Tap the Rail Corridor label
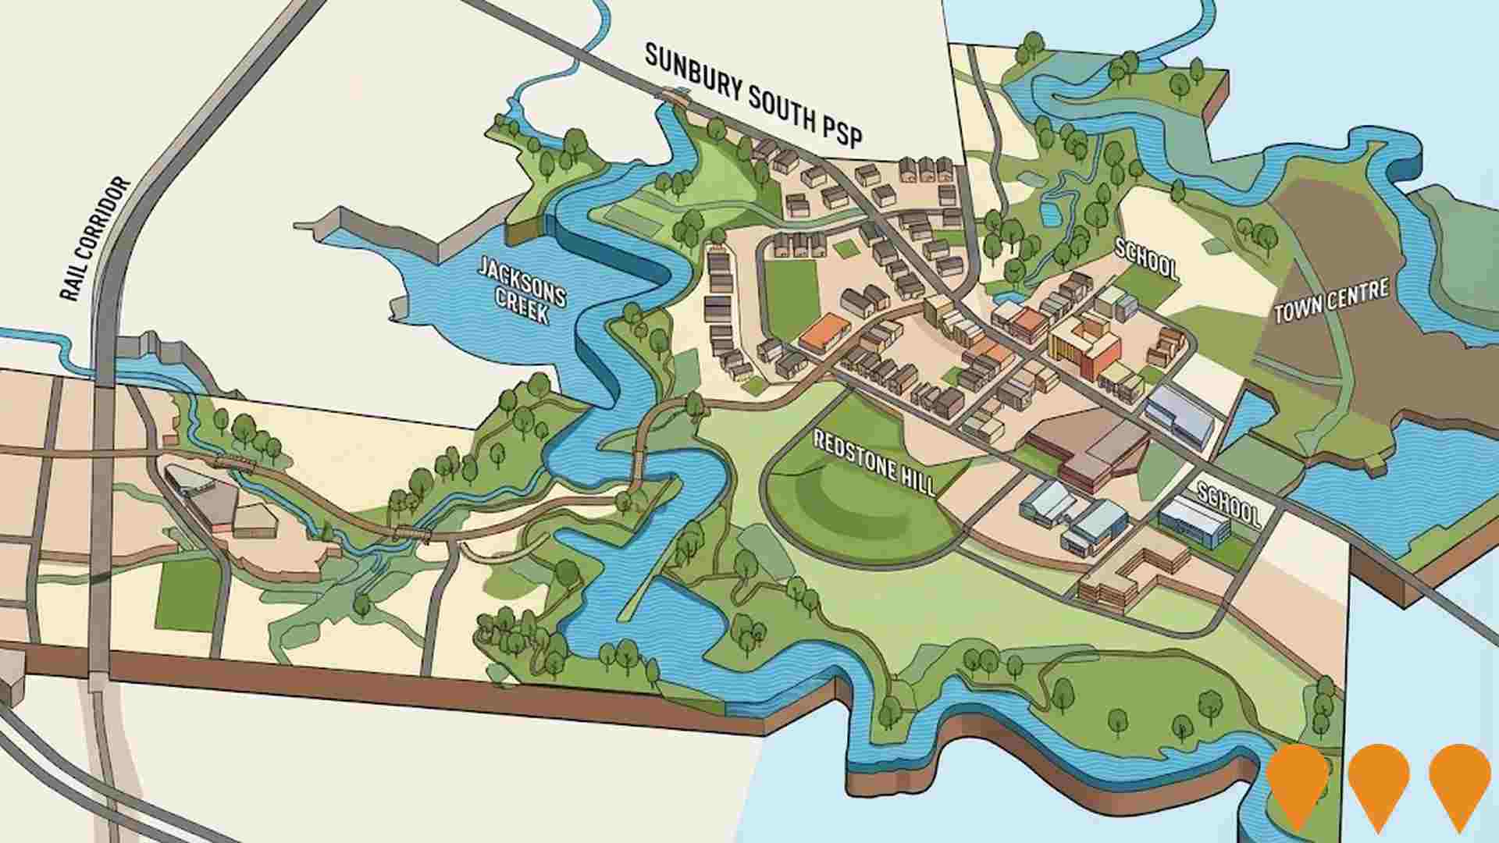tap(94, 240)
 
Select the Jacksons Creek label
tap(522, 290)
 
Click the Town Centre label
tap(1331, 301)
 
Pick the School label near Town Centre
tap(1145, 259)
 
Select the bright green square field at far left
tap(187, 593)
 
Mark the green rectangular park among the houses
tap(790, 297)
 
